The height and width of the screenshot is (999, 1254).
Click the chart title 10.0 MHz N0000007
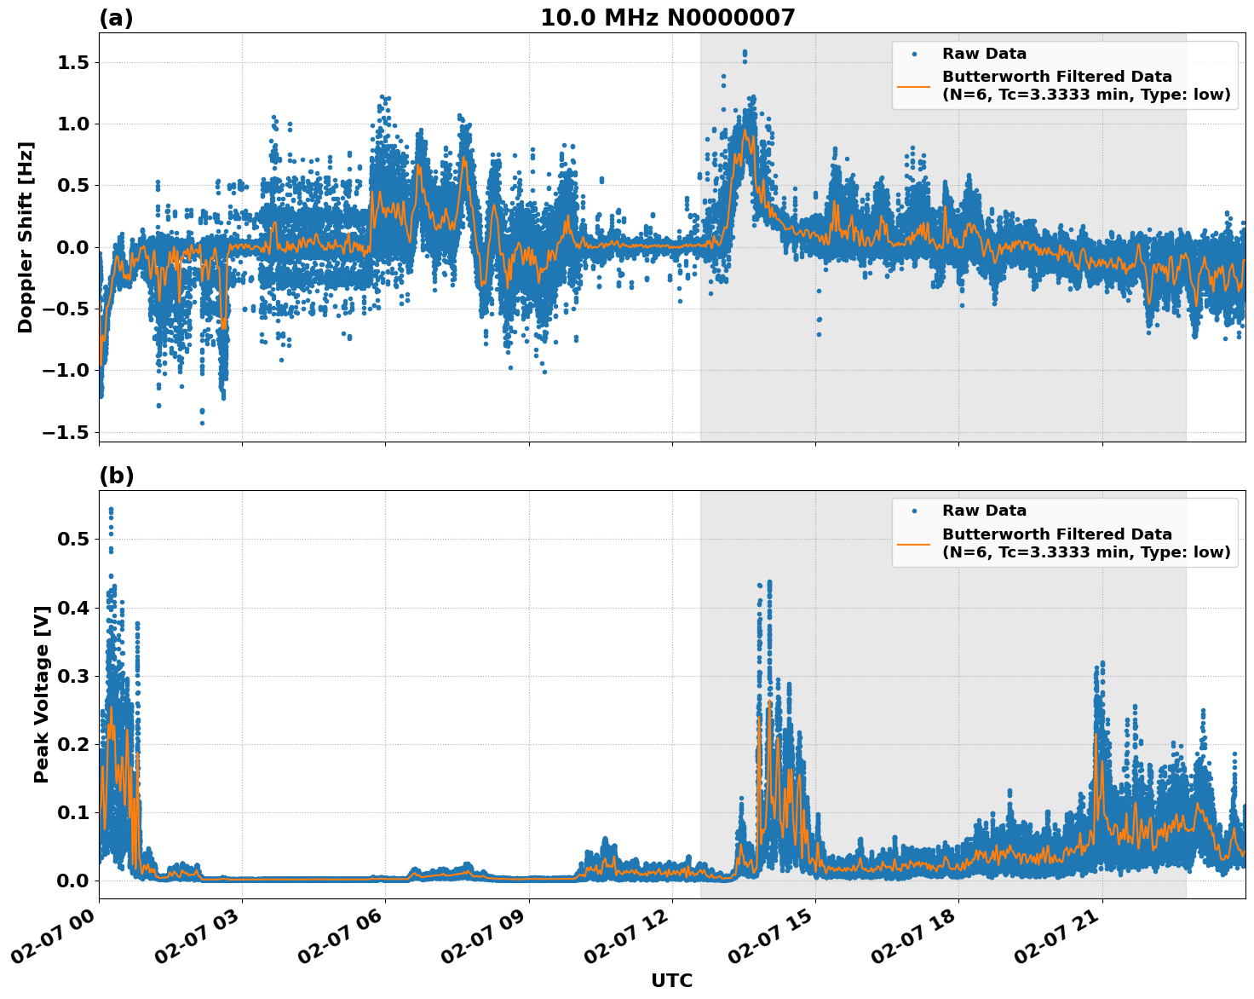tap(667, 18)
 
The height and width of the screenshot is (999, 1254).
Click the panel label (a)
tap(116, 18)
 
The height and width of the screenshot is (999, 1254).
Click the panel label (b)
tap(116, 476)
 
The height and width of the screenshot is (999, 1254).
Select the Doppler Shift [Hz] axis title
tap(26, 237)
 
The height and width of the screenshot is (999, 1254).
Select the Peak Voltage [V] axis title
tap(42, 694)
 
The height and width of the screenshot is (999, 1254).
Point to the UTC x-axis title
tap(671, 980)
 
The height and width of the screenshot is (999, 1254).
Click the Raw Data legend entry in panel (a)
tap(984, 54)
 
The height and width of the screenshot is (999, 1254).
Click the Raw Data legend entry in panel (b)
tap(984, 511)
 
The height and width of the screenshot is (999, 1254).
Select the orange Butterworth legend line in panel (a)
tap(913, 86)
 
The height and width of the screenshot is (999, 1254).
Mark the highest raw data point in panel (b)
tap(111, 509)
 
